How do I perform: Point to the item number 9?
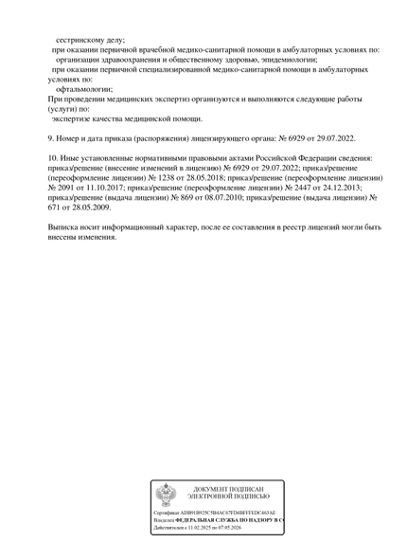[x=51, y=138]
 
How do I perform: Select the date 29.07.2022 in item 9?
[x=334, y=138]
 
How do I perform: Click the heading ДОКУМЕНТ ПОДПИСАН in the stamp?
[x=228, y=488]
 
